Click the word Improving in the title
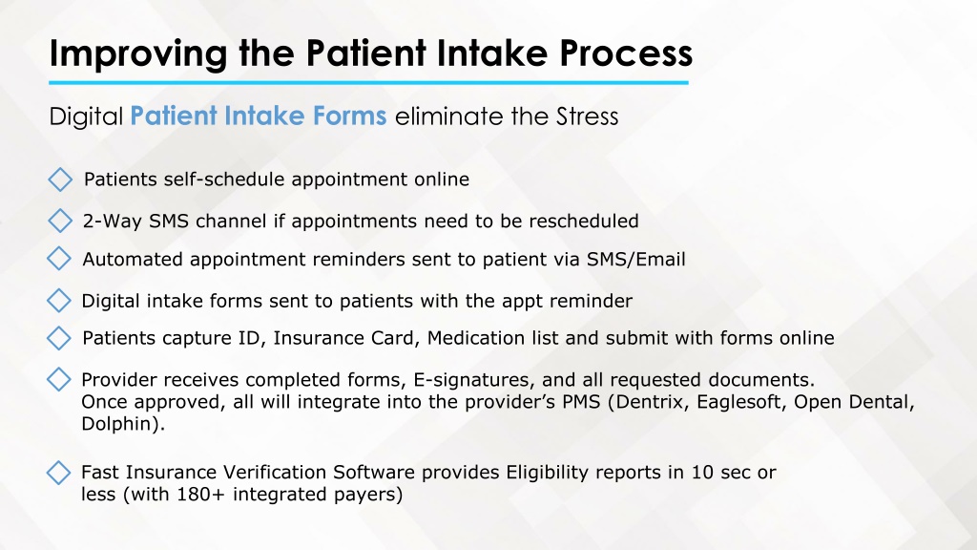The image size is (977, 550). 138,53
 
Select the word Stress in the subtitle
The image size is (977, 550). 587,116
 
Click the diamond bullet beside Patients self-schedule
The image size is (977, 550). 60,180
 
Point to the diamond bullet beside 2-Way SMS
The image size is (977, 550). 60,221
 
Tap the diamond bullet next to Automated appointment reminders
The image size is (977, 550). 59,258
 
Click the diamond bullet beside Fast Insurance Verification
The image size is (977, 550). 58,473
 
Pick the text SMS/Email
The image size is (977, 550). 636,260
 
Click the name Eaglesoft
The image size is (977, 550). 741,402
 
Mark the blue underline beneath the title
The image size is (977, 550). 369,82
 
